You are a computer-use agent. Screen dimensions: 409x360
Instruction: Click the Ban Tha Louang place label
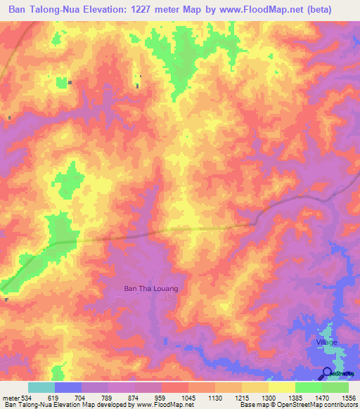150,288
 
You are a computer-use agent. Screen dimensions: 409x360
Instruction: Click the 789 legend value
108,397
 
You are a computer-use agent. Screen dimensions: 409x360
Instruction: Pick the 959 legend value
161,397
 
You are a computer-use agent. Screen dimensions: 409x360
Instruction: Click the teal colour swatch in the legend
41,387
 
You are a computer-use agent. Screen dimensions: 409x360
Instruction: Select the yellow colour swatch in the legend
281,387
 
